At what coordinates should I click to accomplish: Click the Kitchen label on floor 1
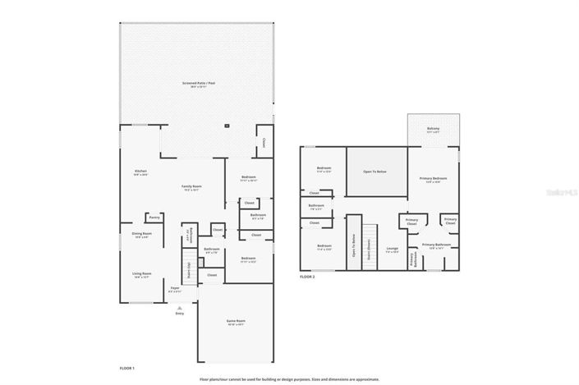(x=141, y=172)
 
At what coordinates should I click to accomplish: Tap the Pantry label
(x=154, y=218)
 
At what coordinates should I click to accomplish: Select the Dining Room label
(x=141, y=235)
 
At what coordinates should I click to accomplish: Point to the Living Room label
(x=141, y=274)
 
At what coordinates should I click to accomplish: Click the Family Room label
(x=191, y=187)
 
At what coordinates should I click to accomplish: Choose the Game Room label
(x=236, y=322)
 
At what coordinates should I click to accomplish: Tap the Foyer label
(x=175, y=289)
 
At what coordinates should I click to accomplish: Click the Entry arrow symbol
(x=179, y=307)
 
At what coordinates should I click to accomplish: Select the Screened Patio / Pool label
(x=199, y=84)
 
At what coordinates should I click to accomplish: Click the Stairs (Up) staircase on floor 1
(x=189, y=269)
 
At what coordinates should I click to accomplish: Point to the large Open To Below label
(x=376, y=172)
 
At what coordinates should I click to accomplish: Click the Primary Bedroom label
(x=433, y=179)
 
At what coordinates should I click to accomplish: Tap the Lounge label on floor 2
(x=393, y=250)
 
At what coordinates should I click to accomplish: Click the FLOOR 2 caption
(x=307, y=277)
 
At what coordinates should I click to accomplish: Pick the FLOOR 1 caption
(x=127, y=369)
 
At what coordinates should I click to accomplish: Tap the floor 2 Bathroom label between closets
(x=317, y=207)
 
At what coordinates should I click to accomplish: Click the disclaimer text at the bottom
(x=289, y=379)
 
